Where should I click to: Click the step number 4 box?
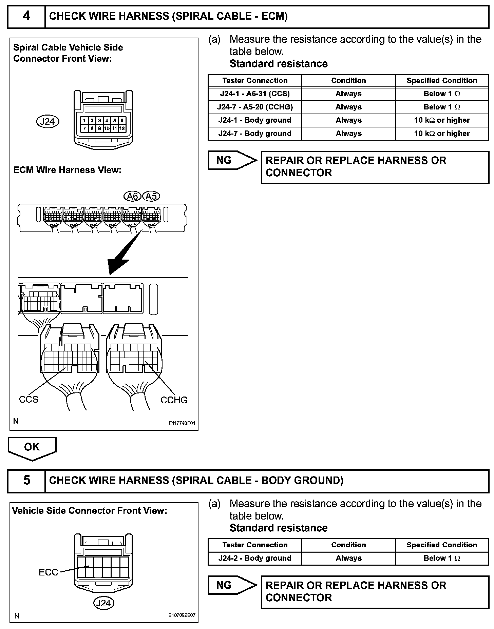click(x=26, y=16)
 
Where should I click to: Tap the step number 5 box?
click(x=26, y=480)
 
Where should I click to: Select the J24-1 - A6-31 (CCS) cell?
click(x=255, y=94)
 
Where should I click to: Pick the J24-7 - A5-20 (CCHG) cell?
click(x=255, y=107)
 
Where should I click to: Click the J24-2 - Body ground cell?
click(x=255, y=558)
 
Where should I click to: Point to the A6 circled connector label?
click(x=132, y=196)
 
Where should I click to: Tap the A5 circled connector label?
click(x=151, y=196)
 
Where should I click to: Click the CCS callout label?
click(x=28, y=399)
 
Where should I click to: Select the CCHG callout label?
click(x=174, y=400)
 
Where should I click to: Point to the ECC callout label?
click(x=49, y=572)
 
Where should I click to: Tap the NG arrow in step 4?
click(x=232, y=160)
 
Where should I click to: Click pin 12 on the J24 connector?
click(x=122, y=128)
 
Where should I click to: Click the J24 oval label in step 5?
click(x=103, y=603)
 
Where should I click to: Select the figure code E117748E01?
click(x=182, y=423)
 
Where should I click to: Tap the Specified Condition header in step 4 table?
click(x=442, y=80)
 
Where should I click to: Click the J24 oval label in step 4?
click(x=47, y=121)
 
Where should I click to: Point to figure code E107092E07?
click(x=182, y=615)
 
